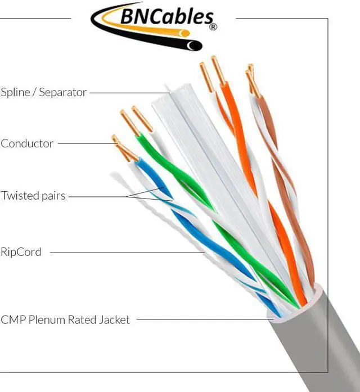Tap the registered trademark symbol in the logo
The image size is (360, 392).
pos(212,26)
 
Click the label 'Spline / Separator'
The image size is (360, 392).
pos(43,92)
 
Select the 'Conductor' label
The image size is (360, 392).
pos(27,143)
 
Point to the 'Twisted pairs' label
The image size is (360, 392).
pos(33,196)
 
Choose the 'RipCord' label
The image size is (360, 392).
pos(21,252)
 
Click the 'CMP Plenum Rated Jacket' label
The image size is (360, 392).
pos(65,320)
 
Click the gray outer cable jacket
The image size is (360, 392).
pos(321,349)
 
